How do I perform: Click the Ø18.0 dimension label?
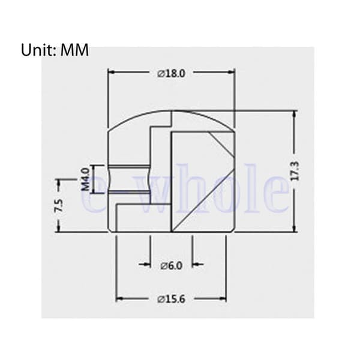171,74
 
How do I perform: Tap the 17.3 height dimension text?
295,171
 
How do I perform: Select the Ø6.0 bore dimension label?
172,266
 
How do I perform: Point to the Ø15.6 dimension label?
171,299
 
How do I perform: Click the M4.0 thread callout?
85,179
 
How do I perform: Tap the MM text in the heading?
74,50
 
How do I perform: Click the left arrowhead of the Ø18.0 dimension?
112,72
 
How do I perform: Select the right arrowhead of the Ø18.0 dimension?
231,72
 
